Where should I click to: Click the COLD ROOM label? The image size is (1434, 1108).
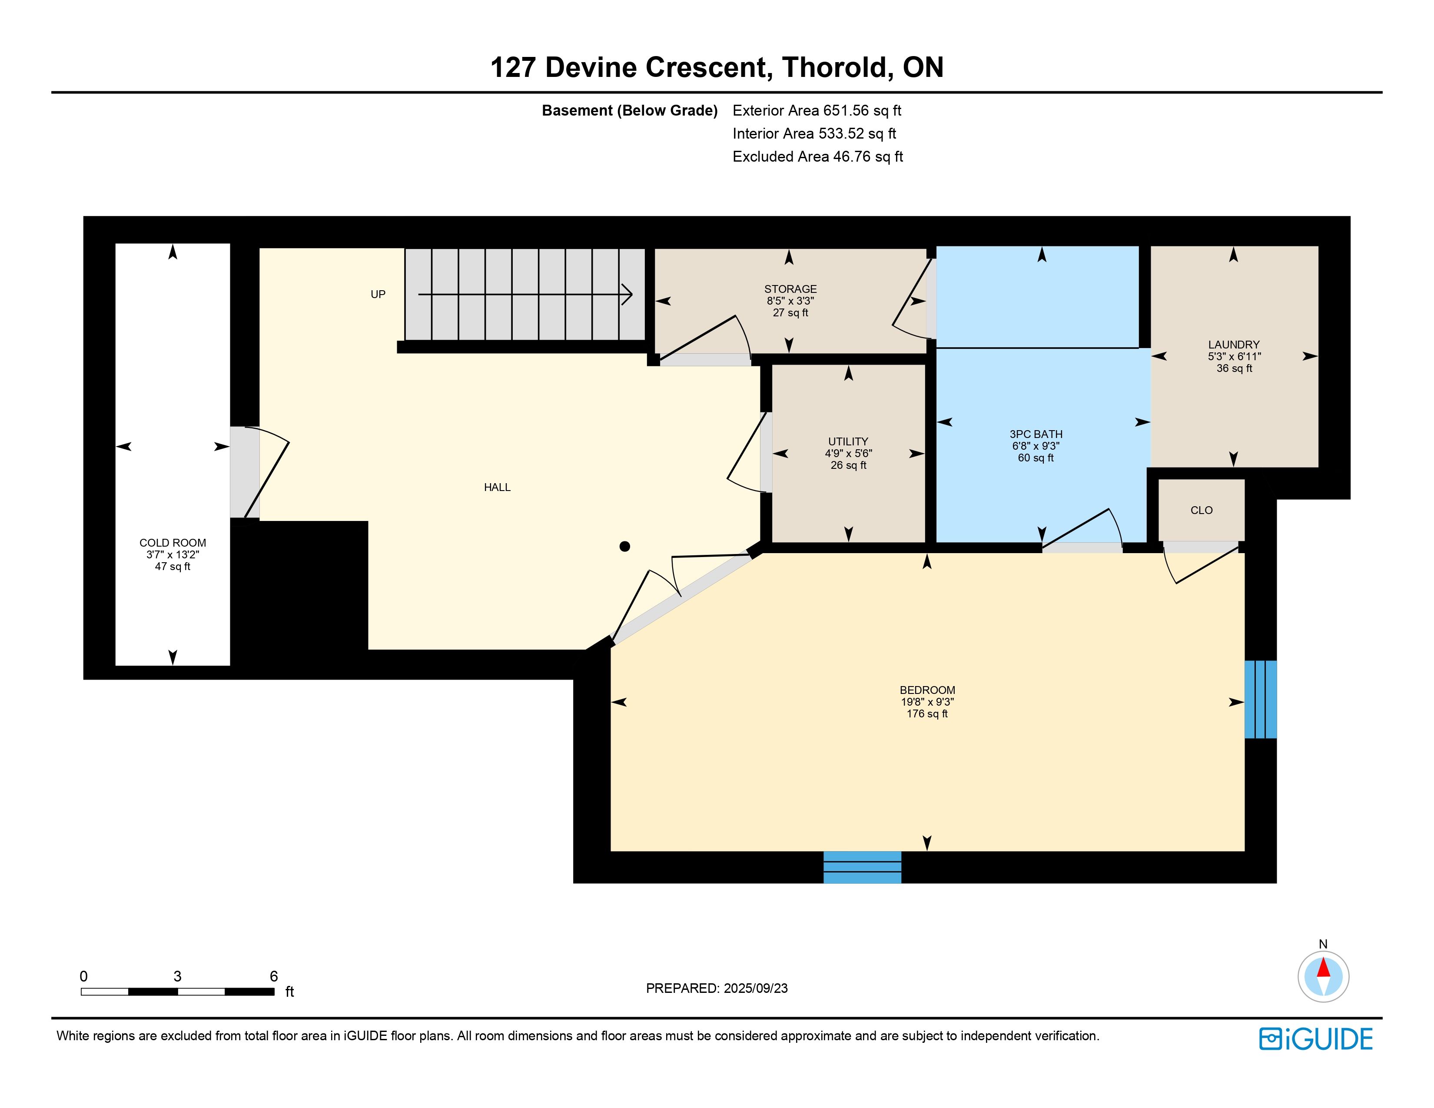(173, 543)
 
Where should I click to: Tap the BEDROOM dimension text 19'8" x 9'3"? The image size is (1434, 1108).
(927, 702)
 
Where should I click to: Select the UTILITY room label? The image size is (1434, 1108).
(848, 442)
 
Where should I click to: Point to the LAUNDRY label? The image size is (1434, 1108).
(1234, 345)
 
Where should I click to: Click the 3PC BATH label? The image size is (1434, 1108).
(1036, 434)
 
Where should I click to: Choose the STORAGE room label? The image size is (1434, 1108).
(790, 289)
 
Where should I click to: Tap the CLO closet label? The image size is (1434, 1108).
(1202, 510)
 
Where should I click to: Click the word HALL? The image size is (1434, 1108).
(497, 487)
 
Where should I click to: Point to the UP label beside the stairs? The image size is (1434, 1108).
(378, 294)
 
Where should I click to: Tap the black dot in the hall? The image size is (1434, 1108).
(625, 546)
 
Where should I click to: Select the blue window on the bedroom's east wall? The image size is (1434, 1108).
(1261, 699)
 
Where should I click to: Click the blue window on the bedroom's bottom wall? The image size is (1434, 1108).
(862, 867)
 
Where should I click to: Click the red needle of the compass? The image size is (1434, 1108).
(1324, 968)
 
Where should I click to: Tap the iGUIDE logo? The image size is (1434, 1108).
(1316, 1038)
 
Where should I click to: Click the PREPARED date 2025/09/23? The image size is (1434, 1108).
(755, 988)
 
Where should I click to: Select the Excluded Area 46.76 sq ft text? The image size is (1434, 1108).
(818, 156)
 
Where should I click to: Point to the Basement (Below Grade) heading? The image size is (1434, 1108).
(630, 110)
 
